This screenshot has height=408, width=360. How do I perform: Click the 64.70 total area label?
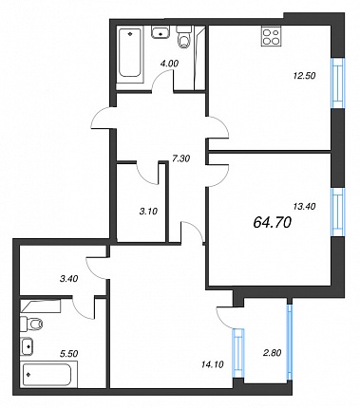[273, 223]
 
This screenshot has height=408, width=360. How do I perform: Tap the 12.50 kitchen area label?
[304, 76]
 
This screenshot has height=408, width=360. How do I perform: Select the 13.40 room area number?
[304, 206]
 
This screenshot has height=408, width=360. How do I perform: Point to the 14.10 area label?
[212, 364]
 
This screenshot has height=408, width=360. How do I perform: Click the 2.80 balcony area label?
[272, 352]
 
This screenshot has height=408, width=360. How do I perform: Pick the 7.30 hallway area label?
[180, 158]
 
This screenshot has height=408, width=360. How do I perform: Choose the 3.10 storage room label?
[148, 211]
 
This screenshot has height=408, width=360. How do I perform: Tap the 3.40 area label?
[68, 279]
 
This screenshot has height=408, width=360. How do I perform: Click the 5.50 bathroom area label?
[68, 353]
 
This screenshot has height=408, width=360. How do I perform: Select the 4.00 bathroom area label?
[169, 64]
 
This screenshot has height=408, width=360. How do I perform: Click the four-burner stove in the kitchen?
[272, 36]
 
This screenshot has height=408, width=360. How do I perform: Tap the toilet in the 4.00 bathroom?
[184, 38]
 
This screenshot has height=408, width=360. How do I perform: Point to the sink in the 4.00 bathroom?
[161, 32]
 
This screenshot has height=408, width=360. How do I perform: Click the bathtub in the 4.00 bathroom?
[130, 52]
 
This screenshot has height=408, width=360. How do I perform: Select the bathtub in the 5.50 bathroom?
[47, 375]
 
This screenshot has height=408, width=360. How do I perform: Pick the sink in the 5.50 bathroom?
[28, 346]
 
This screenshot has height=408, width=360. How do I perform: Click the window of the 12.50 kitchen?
[337, 83]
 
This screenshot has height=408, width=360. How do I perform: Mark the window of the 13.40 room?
[337, 213]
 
